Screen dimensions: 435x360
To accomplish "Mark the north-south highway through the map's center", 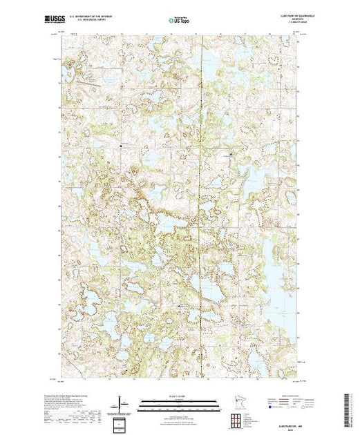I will point(202,207).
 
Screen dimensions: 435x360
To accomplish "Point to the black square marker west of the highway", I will point(121,146).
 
